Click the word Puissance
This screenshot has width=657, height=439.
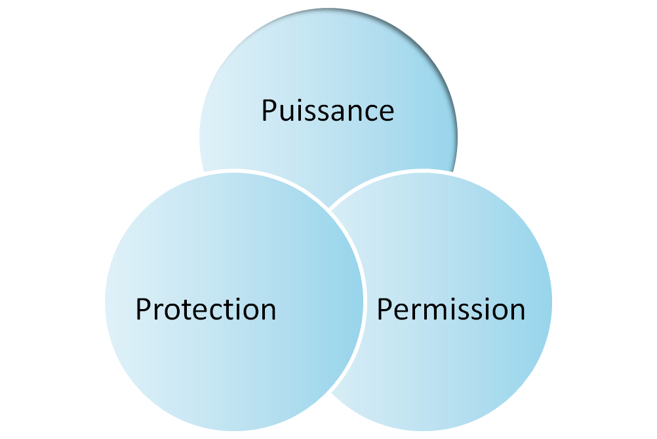coord(328,111)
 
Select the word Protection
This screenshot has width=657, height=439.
coord(206,309)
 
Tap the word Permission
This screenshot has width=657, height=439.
coord(451,309)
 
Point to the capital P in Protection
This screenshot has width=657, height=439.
coord(144,309)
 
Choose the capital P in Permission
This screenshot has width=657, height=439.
coord(385,309)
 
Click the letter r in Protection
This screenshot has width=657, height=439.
coord(159,312)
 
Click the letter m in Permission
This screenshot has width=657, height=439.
coord(433,312)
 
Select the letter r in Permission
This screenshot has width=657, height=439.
coord(415,312)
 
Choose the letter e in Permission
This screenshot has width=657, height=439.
coord(401,312)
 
